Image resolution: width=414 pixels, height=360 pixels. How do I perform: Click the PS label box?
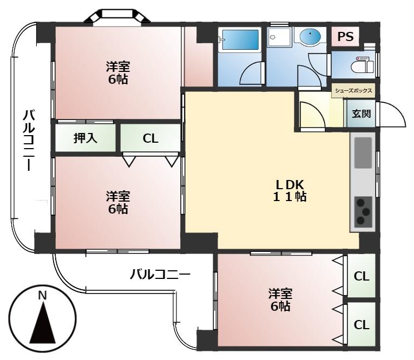(345, 37)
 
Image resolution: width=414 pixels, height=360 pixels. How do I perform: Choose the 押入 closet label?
(86, 138)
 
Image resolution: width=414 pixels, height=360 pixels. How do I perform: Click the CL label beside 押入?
(150, 138)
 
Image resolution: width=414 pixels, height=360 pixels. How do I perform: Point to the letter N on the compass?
(42, 295)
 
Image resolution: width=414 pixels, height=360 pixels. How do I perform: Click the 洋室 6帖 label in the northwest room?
(117, 73)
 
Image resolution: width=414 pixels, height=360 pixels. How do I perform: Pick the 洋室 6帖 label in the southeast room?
(280, 300)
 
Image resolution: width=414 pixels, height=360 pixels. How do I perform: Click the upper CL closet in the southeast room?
(362, 276)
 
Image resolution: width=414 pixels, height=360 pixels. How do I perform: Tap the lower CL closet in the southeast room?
(362, 324)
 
